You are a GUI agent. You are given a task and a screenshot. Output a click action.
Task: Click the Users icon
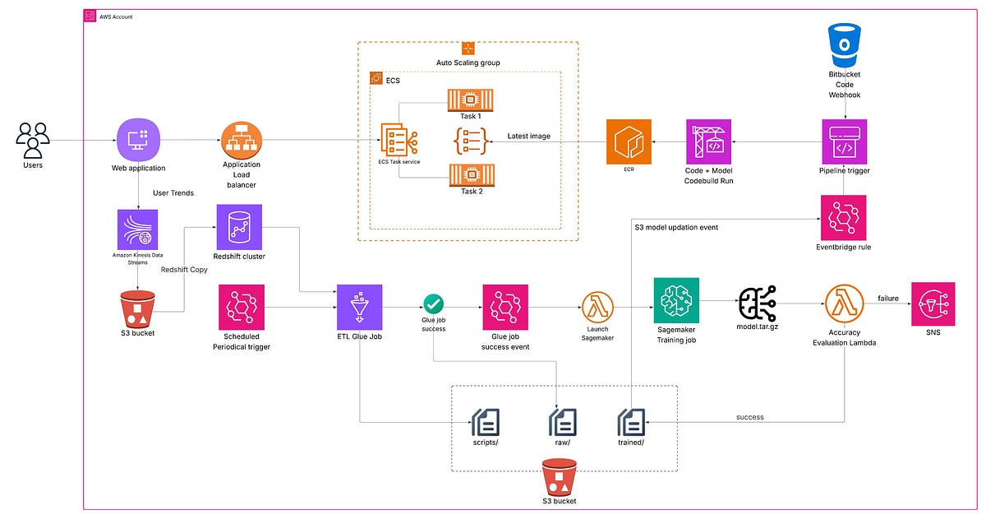(33, 140)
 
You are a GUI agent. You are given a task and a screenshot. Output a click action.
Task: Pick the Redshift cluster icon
(238, 228)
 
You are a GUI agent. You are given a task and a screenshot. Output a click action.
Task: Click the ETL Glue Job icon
(360, 307)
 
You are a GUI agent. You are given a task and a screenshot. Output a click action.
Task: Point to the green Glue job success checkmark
(433, 306)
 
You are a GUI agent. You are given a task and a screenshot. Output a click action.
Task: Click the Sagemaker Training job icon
(675, 301)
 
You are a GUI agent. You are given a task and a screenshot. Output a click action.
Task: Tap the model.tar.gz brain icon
(759, 304)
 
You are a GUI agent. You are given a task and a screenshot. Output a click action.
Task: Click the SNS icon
(933, 304)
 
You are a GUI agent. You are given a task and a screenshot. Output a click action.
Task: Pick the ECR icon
(629, 141)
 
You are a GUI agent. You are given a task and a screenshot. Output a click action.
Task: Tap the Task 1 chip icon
(470, 100)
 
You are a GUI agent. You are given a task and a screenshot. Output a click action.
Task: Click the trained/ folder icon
(631, 422)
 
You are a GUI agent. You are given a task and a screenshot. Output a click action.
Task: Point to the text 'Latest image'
(528, 136)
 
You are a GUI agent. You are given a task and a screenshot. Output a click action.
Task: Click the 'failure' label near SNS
(889, 298)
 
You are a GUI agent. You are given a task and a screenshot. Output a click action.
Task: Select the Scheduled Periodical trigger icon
(241, 307)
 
